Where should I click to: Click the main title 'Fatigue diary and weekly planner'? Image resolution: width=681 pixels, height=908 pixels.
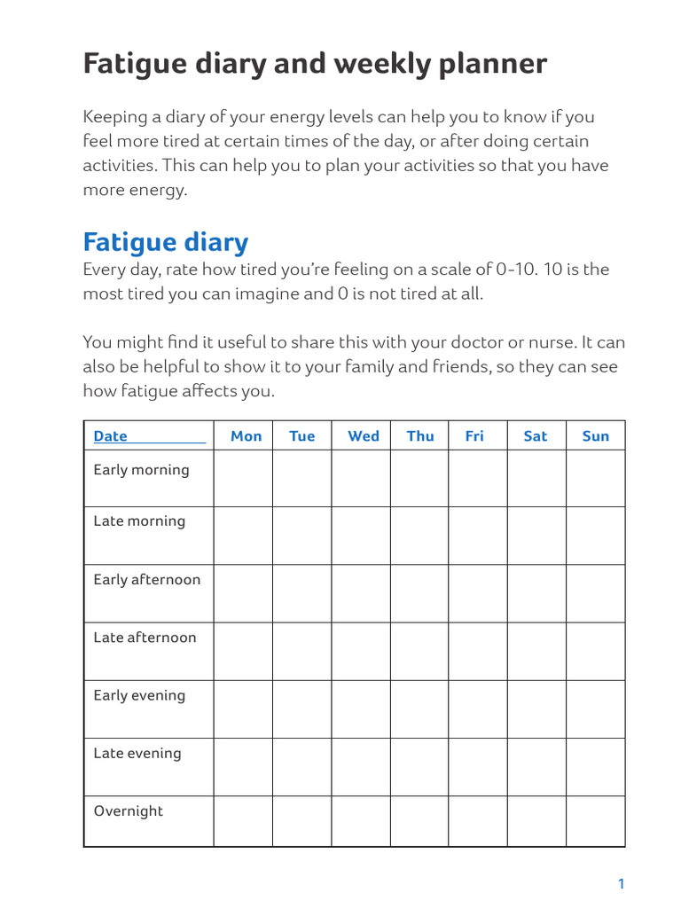pyautogui.click(x=315, y=64)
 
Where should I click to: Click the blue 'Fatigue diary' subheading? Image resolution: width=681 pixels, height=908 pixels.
pyautogui.click(x=166, y=241)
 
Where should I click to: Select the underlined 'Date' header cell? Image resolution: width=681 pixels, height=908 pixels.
pyautogui.click(x=111, y=435)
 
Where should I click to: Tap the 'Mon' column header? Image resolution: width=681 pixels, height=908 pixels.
pyautogui.click(x=246, y=435)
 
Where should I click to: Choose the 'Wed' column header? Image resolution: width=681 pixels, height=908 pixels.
pyautogui.click(x=364, y=435)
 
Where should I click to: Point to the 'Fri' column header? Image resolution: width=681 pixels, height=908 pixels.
pyautogui.click(x=474, y=435)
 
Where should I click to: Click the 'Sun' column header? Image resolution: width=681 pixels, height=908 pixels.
pyautogui.click(x=596, y=435)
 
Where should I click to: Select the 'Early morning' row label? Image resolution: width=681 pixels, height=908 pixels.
pyautogui.click(x=141, y=470)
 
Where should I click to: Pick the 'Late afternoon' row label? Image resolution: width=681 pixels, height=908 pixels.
pyautogui.click(x=145, y=638)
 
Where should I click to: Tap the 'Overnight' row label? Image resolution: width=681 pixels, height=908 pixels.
pyautogui.click(x=129, y=810)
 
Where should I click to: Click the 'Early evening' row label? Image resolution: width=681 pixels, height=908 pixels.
pyautogui.click(x=139, y=695)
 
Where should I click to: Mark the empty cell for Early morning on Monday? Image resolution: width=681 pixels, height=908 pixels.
pyautogui.click(x=243, y=479)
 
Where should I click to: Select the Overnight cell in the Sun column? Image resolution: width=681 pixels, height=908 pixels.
pyautogui.click(x=595, y=821)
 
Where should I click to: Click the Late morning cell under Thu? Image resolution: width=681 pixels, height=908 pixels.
pyautogui.click(x=419, y=536)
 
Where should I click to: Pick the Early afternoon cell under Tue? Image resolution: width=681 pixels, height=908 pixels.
pyautogui.click(x=301, y=593)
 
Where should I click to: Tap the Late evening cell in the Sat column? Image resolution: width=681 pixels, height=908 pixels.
pyautogui.click(x=536, y=767)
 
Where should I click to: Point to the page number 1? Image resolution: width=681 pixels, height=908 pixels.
pyautogui.click(x=621, y=883)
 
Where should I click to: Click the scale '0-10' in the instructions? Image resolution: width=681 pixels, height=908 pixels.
pyautogui.click(x=512, y=270)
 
